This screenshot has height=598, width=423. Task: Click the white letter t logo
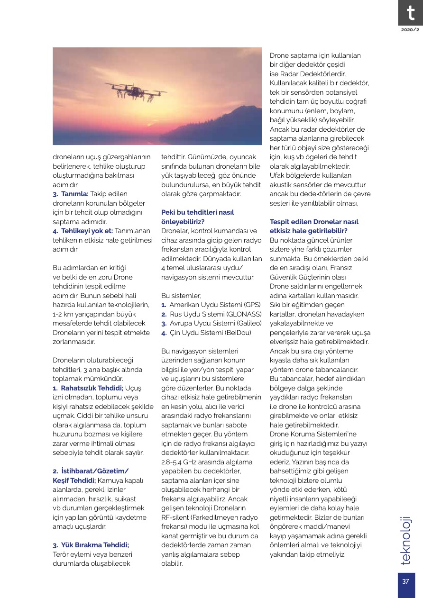(x=409, y=12)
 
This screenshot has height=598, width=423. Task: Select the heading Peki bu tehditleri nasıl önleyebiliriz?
(x=198, y=217)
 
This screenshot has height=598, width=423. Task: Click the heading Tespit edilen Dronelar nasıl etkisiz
(x=314, y=226)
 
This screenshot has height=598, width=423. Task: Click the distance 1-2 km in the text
(x=63, y=314)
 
